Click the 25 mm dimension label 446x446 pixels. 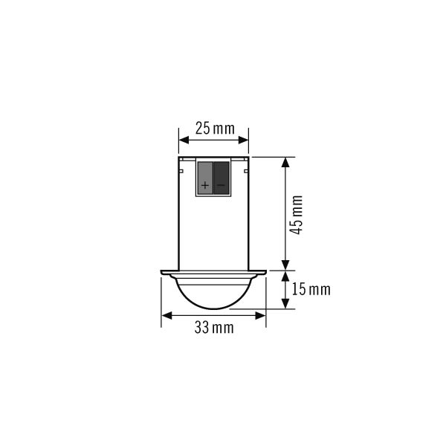tap(215, 129)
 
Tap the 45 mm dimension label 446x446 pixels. tap(296, 215)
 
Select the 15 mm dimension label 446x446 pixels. tap(311, 290)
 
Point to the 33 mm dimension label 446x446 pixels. tap(214, 327)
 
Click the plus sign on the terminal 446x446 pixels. tap(205, 185)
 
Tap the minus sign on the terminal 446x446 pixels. tap(221, 185)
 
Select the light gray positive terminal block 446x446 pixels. tap(205, 178)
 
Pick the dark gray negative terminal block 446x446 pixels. tap(222, 178)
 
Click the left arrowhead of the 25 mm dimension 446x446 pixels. tap(184, 140)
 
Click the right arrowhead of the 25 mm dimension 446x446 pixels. tap(244, 140)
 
